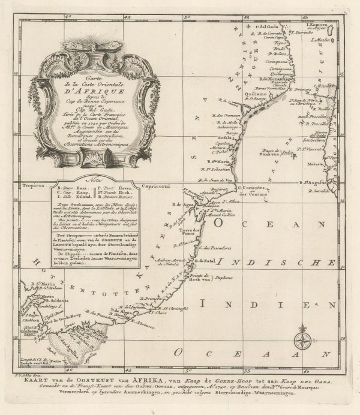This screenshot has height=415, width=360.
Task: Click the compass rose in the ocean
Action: (302, 340)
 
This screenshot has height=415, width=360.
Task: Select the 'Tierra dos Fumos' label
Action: (190, 231)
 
